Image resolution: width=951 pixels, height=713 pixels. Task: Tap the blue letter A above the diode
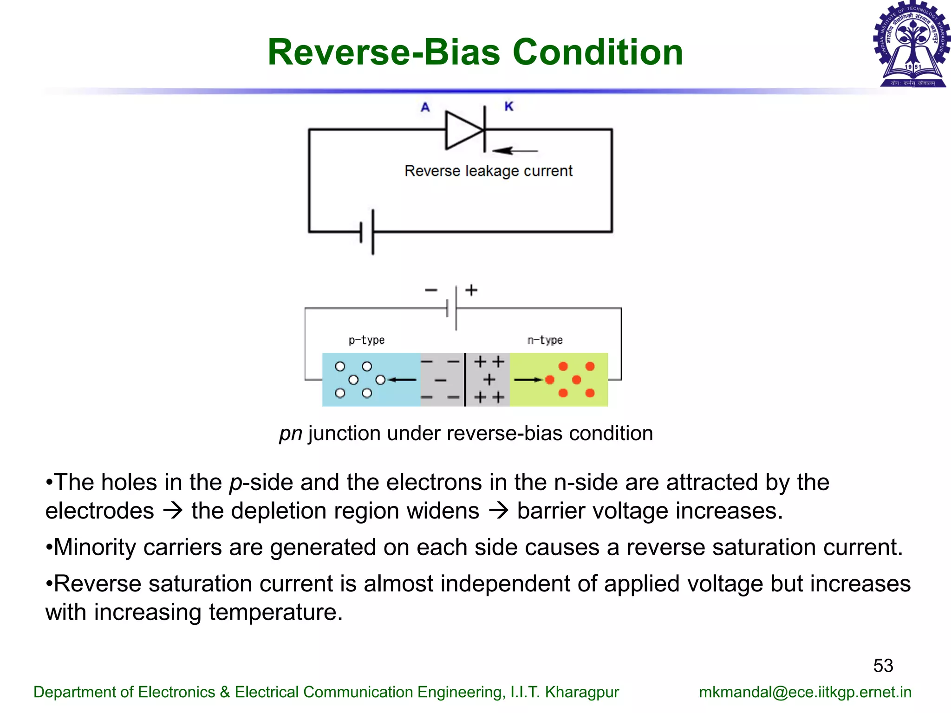425,107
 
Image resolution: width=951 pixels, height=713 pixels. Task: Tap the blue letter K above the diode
509,106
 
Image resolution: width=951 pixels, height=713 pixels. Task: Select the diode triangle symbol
463,130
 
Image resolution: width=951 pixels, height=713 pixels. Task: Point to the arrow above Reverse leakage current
515,150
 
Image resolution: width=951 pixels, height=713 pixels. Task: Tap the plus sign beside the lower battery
471,290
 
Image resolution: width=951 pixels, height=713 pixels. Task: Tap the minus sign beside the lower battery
431,290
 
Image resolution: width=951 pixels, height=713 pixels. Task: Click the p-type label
366,340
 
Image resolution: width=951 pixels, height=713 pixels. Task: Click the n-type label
545,340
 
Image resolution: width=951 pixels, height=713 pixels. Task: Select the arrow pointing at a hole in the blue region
403,380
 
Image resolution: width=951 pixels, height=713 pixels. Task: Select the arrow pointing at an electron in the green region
528,380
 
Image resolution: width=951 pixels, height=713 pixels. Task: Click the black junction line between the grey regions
465,379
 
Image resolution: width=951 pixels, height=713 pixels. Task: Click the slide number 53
883,666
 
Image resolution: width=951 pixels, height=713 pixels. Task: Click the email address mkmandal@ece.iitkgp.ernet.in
805,692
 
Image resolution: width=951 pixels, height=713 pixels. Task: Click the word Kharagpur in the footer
581,692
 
